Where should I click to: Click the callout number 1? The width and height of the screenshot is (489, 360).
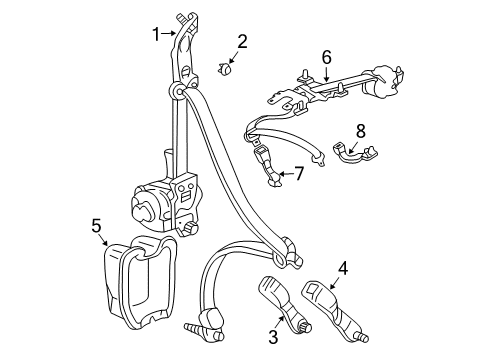pyautogui.click(x=155, y=36)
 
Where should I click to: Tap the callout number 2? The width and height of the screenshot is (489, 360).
pyautogui.click(x=241, y=41)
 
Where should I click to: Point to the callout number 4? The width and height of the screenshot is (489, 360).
pyautogui.click(x=342, y=267)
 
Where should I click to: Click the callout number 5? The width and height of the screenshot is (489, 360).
pyautogui.click(x=95, y=226)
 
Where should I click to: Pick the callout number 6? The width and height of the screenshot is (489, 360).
pyautogui.click(x=325, y=58)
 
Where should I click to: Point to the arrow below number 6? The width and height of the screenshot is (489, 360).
pyautogui.click(x=325, y=73)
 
